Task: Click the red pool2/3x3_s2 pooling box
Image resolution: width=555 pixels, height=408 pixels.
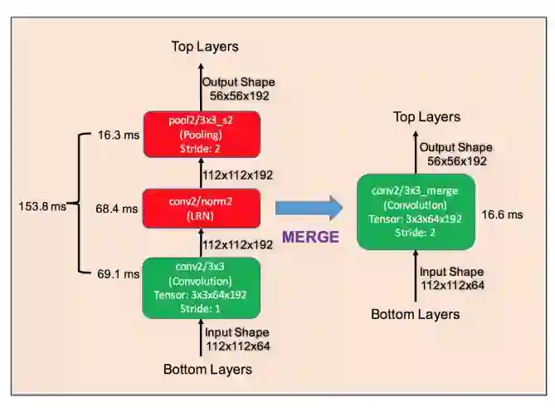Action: coord(202,134)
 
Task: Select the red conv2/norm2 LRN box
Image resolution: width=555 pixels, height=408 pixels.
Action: coord(202,209)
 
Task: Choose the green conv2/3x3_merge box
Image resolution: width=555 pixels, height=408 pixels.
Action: coord(416,211)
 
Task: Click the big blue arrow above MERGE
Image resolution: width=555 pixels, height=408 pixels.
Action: coord(309,208)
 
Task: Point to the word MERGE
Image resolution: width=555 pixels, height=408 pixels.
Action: coord(310,237)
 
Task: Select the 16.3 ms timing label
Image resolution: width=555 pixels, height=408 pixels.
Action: coord(117,133)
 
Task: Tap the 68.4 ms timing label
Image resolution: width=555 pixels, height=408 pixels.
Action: coord(117,209)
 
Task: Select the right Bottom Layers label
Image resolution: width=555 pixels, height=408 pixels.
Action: coord(415,314)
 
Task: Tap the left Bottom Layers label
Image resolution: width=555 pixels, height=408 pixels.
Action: coord(207,369)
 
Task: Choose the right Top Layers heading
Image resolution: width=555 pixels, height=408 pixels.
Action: coord(426,117)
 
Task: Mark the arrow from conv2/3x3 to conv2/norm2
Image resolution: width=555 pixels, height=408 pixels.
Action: coord(202,243)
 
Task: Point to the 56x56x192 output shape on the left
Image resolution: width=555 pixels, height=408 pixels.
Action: coord(240,96)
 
